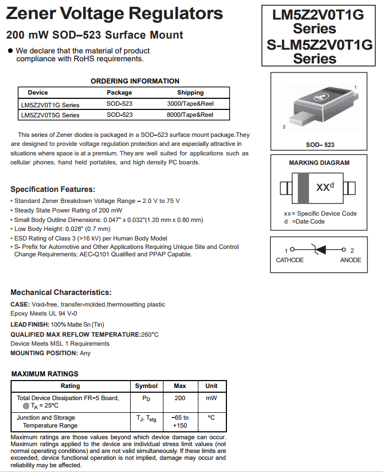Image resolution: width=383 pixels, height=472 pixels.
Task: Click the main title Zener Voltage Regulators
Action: [x=114, y=13]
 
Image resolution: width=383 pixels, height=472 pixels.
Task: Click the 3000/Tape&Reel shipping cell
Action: [x=190, y=104]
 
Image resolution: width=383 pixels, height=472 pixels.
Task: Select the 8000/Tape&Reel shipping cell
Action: [x=190, y=115]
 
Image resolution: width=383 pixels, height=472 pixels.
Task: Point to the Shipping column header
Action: [x=190, y=92]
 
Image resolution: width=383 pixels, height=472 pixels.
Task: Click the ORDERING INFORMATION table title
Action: [x=135, y=81]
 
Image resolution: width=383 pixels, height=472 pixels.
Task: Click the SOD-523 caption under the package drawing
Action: [x=320, y=145]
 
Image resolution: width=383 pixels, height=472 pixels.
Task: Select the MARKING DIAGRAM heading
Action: [x=319, y=163]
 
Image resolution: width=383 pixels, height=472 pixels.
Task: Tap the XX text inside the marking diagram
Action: [x=322, y=188]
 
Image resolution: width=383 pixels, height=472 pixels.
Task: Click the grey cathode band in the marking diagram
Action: [x=303, y=188]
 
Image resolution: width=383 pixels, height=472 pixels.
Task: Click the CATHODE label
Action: [x=290, y=260]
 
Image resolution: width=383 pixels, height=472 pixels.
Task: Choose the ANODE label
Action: [x=350, y=260]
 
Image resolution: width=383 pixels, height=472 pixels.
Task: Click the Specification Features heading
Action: [x=53, y=189]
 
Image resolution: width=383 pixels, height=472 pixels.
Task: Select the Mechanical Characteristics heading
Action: [x=61, y=292]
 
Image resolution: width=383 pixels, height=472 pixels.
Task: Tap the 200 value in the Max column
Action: [x=180, y=398]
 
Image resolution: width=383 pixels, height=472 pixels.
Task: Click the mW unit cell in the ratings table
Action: [x=211, y=398]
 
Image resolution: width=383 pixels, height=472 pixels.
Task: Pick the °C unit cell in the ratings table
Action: [x=211, y=418]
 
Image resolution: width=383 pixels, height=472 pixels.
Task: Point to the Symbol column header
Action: [x=147, y=386]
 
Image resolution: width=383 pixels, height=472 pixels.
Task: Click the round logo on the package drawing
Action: [x=320, y=97]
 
